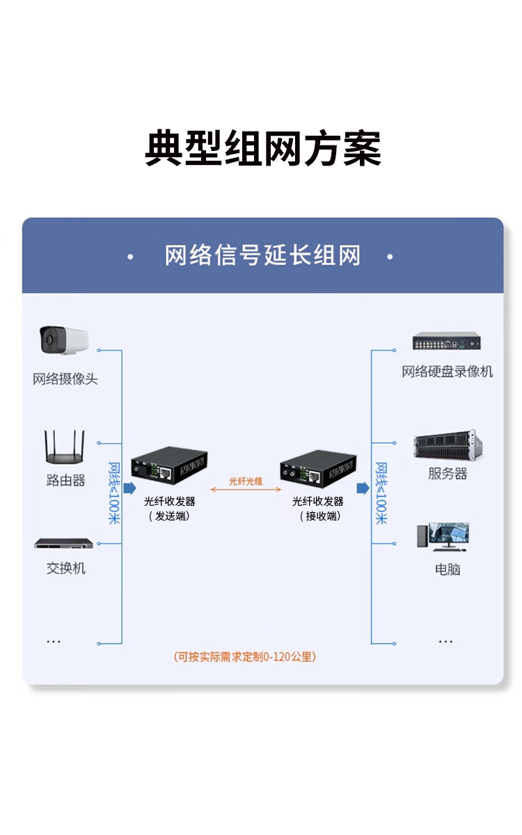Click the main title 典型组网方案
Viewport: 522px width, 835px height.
[x=262, y=148]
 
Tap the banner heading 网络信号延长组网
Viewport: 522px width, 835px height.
[x=262, y=255]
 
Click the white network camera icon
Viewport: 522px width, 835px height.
[x=64, y=340]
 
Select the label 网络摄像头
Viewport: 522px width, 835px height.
[x=65, y=379]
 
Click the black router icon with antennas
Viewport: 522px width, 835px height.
[x=65, y=447]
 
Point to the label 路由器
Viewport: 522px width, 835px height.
[x=65, y=480]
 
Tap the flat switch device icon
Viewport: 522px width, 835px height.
[x=64, y=543]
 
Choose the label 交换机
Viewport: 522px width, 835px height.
[x=65, y=568]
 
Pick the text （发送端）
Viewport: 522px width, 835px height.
[x=169, y=516]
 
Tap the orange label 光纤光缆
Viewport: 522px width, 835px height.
[x=246, y=481]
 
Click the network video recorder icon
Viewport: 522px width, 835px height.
[x=446, y=341]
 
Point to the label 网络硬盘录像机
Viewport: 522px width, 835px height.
[x=447, y=372]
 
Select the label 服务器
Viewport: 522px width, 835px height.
[x=447, y=474]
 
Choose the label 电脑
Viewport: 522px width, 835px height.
[x=448, y=569]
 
